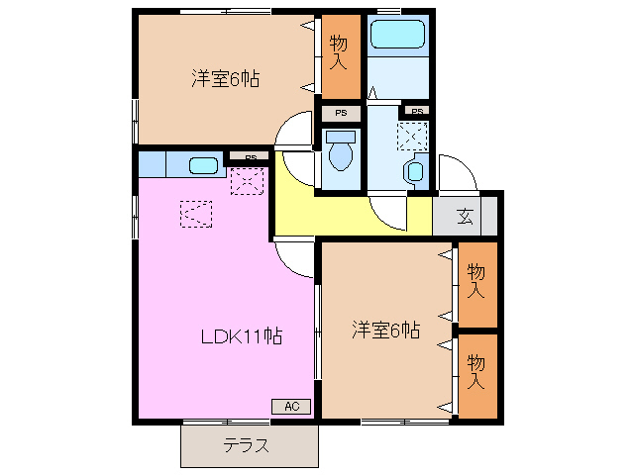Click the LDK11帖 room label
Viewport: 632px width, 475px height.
(242, 336)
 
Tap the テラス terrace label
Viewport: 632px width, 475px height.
(246, 445)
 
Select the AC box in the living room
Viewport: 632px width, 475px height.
(291, 406)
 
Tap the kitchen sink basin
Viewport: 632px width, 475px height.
(203, 165)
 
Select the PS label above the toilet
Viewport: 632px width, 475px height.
(340, 114)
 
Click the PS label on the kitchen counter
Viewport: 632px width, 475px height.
(251, 156)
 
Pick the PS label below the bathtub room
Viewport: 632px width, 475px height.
(417, 111)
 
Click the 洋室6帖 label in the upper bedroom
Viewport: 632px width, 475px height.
(225, 79)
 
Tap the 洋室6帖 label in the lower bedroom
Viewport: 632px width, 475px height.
(385, 330)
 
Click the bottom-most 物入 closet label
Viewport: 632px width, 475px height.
(475, 369)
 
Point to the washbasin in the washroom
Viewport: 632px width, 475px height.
(413, 171)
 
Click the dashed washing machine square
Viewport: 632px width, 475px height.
(412, 135)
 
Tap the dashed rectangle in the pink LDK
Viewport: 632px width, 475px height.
(195, 212)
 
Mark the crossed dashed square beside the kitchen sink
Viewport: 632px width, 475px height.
(246, 180)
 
